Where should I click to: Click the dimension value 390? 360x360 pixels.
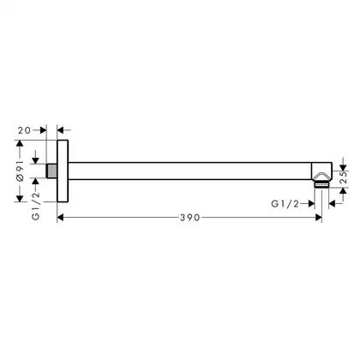pyautogui.click(x=190, y=218)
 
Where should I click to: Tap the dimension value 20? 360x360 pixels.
pyautogui.click(x=24, y=130)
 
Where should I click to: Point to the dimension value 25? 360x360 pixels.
pyautogui.click(x=344, y=177)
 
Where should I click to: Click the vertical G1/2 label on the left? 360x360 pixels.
pyautogui.click(x=36, y=207)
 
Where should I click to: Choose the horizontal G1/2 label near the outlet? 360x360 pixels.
pyautogui.click(x=285, y=204)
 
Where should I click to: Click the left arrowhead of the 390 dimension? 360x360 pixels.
pyautogui.click(x=60, y=218)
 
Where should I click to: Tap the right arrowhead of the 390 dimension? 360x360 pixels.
pyautogui.click(x=319, y=218)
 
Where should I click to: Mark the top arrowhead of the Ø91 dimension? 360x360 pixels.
pyautogui.click(x=20, y=143)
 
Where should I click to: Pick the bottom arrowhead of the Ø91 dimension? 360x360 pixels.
pyautogui.click(x=20, y=199)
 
